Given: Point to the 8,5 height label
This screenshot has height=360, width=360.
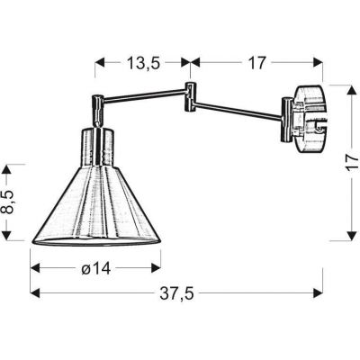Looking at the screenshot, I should [x=11, y=202].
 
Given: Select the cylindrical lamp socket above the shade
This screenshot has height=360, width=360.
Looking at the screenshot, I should [x=99, y=144].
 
